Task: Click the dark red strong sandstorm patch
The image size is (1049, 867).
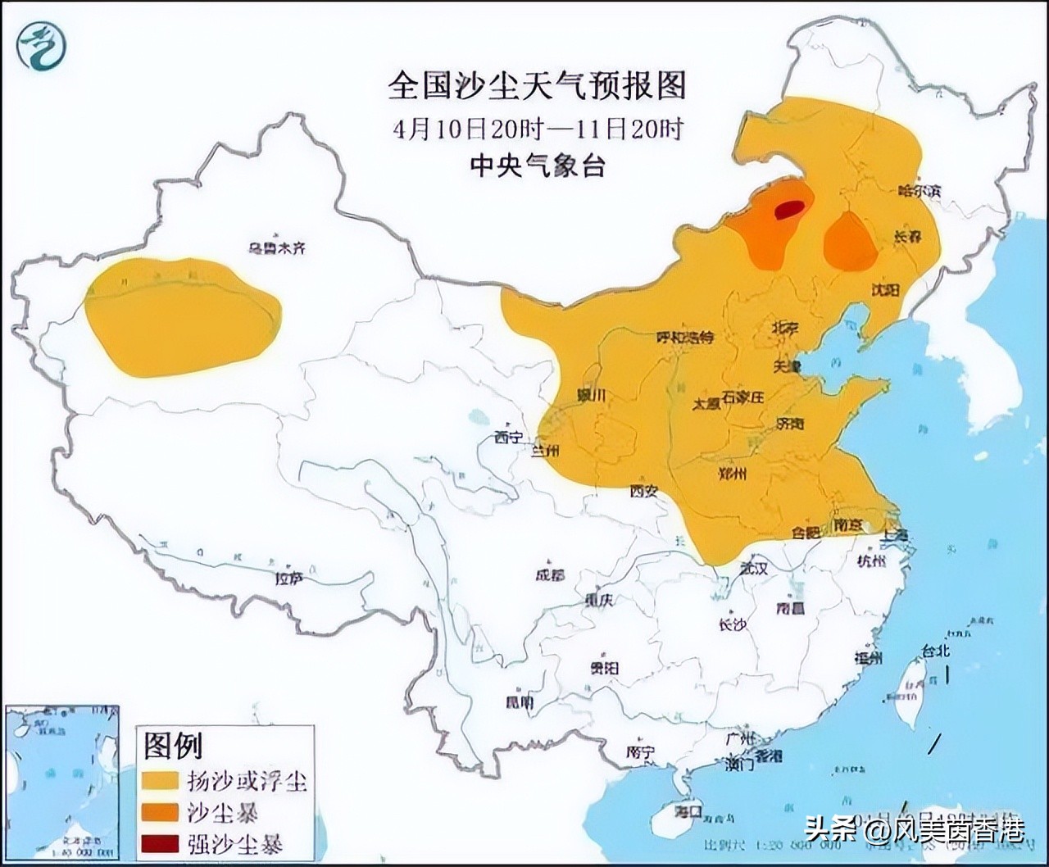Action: [x=788, y=210]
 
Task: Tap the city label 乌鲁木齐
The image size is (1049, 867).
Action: [x=277, y=247]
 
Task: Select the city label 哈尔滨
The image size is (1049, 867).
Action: [x=920, y=190]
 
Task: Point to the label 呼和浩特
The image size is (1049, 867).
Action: [x=686, y=338]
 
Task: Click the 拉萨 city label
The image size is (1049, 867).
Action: [x=288, y=579]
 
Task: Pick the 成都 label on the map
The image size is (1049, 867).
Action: [x=550, y=574]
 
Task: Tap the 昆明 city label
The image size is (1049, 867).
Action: [x=519, y=702]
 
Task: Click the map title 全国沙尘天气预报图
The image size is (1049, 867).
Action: [x=537, y=84]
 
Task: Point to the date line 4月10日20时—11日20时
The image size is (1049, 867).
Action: [x=537, y=129]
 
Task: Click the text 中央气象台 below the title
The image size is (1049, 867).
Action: [x=537, y=166]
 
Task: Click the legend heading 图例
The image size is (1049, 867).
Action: [x=173, y=745]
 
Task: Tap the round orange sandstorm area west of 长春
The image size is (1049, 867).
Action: [x=849, y=242]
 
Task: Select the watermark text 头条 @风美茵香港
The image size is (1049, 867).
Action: [x=913, y=830]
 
